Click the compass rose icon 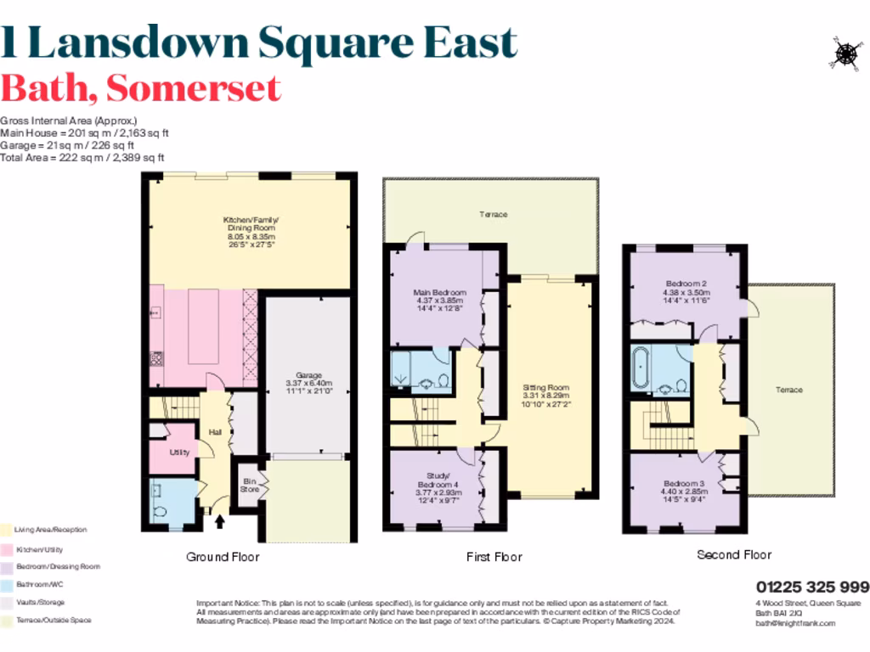tap(845, 53)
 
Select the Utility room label tap(179, 452)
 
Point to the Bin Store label tap(248, 484)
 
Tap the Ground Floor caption tap(223, 557)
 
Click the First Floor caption tap(494, 557)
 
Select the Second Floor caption tap(734, 554)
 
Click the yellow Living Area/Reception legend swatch tap(6, 530)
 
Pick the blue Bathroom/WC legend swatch tap(6, 584)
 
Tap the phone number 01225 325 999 tap(812, 587)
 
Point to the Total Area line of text tap(82, 158)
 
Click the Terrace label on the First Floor tap(493, 214)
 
